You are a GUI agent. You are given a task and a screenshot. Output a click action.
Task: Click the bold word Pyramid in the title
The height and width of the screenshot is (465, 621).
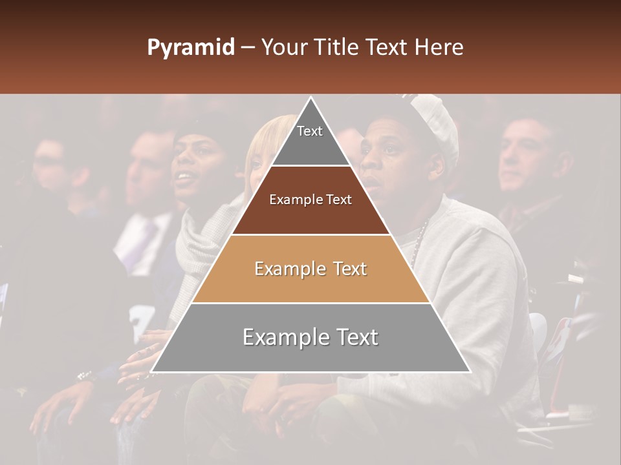[190, 48]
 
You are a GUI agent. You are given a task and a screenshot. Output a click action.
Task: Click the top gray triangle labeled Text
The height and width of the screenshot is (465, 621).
[310, 139]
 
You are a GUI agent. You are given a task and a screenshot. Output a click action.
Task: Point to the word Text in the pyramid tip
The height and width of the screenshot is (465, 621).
[310, 131]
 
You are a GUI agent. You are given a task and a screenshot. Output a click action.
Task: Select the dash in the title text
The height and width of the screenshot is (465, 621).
[247, 48]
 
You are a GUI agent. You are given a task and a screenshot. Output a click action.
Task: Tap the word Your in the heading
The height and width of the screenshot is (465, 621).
[285, 47]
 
